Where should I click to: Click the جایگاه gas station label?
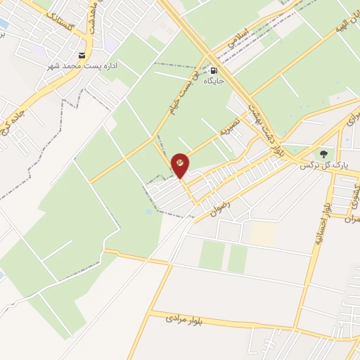[214, 81]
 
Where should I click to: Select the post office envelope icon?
[84, 56]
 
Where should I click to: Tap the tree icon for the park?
[323, 153]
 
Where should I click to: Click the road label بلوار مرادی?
[184, 320]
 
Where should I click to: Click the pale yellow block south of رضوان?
[262, 233]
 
